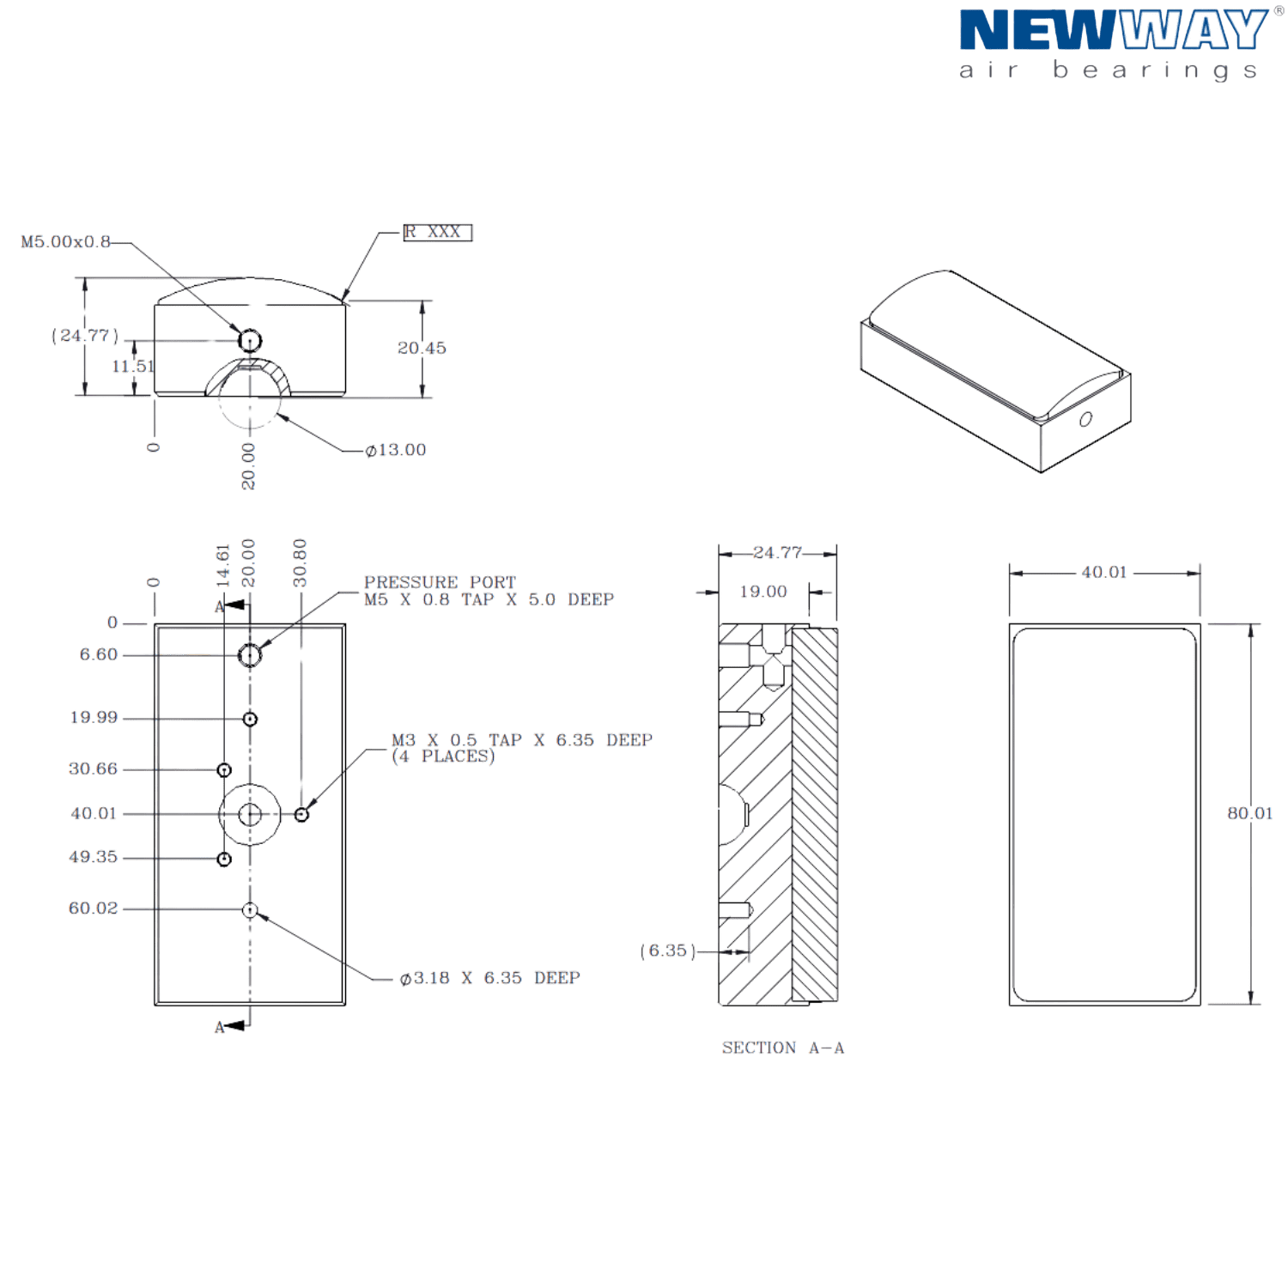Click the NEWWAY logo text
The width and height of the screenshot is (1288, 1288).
[1112, 31]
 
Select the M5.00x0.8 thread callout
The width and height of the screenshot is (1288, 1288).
[65, 242]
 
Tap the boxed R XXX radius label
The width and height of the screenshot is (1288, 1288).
[438, 233]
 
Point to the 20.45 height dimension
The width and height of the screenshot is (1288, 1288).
[422, 348]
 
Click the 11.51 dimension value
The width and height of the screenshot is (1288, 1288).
[133, 367]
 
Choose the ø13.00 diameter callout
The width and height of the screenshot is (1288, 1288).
[396, 450]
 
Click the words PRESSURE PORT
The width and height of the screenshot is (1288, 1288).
[440, 581]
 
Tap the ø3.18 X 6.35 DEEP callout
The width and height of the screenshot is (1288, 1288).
[489, 978]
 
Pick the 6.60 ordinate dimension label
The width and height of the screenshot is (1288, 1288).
[98, 654]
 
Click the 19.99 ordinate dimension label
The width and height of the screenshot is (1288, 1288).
[94, 717]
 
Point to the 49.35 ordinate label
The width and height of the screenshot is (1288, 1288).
[93, 857]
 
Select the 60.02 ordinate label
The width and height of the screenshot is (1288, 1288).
[93, 908]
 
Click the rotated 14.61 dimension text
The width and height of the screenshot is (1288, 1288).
[223, 564]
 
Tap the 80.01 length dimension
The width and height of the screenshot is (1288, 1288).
[1250, 812]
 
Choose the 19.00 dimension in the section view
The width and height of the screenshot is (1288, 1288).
[762, 592]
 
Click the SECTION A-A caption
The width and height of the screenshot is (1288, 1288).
[783, 1048]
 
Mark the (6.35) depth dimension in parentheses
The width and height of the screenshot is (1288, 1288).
[666, 951]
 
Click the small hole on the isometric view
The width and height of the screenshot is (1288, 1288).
[1085, 420]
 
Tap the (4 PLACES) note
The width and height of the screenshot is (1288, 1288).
[443, 756]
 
